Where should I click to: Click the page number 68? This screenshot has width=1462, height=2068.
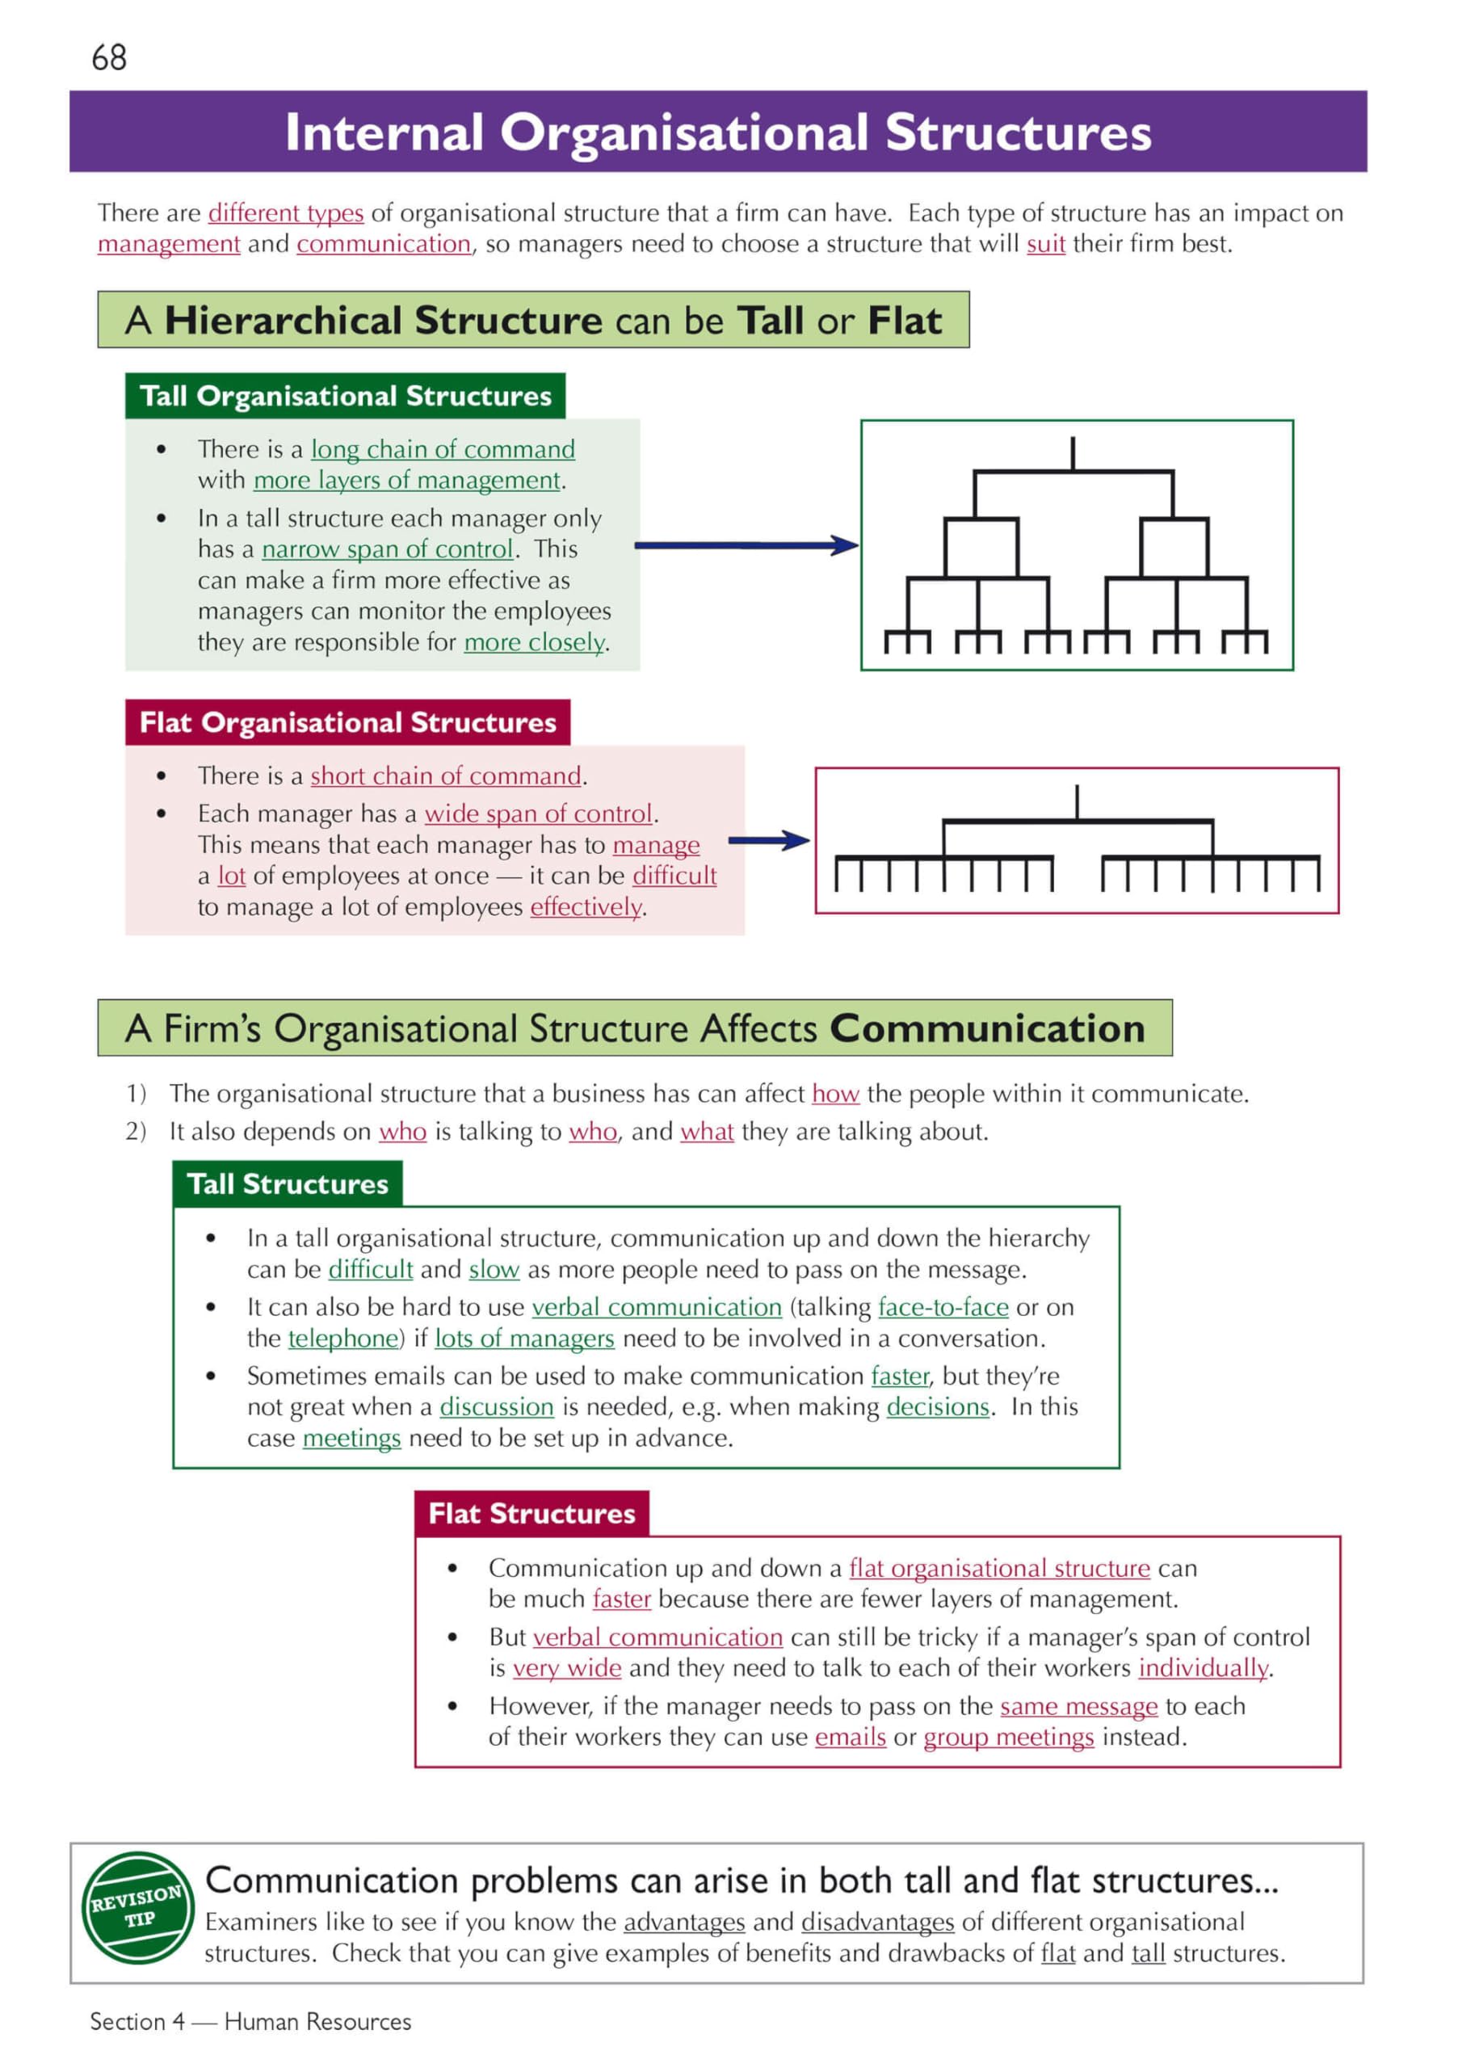click(x=109, y=57)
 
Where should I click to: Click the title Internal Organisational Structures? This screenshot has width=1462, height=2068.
click(x=718, y=132)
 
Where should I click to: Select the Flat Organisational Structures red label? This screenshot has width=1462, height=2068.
click(x=347, y=722)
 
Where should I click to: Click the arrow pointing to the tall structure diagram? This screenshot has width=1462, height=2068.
click(x=747, y=545)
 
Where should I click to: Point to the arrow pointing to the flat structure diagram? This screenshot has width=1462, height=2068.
click(x=769, y=840)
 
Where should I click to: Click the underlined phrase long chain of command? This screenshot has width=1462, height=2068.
click(x=443, y=448)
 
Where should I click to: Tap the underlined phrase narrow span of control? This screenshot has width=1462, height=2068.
click(x=388, y=549)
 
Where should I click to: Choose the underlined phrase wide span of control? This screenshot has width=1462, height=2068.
click(x=539, y=813)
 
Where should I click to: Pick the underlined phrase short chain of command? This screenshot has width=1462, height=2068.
click(x=446, y=775)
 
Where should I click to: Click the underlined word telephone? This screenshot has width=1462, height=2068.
click(x=343, y=1339)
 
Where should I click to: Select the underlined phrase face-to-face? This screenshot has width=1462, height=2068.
click(x=943, y=1307)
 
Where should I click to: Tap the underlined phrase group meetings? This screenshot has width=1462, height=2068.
click(x=1009, y=1737)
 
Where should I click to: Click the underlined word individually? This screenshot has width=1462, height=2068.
click(x=1204, y=1668)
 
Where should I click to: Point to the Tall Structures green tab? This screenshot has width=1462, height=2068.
click(x=288, y=1183)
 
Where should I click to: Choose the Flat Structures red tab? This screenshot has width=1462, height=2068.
click(x=532, y=1513)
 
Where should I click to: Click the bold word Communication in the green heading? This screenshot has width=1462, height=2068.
click(x=987, y=1028)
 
